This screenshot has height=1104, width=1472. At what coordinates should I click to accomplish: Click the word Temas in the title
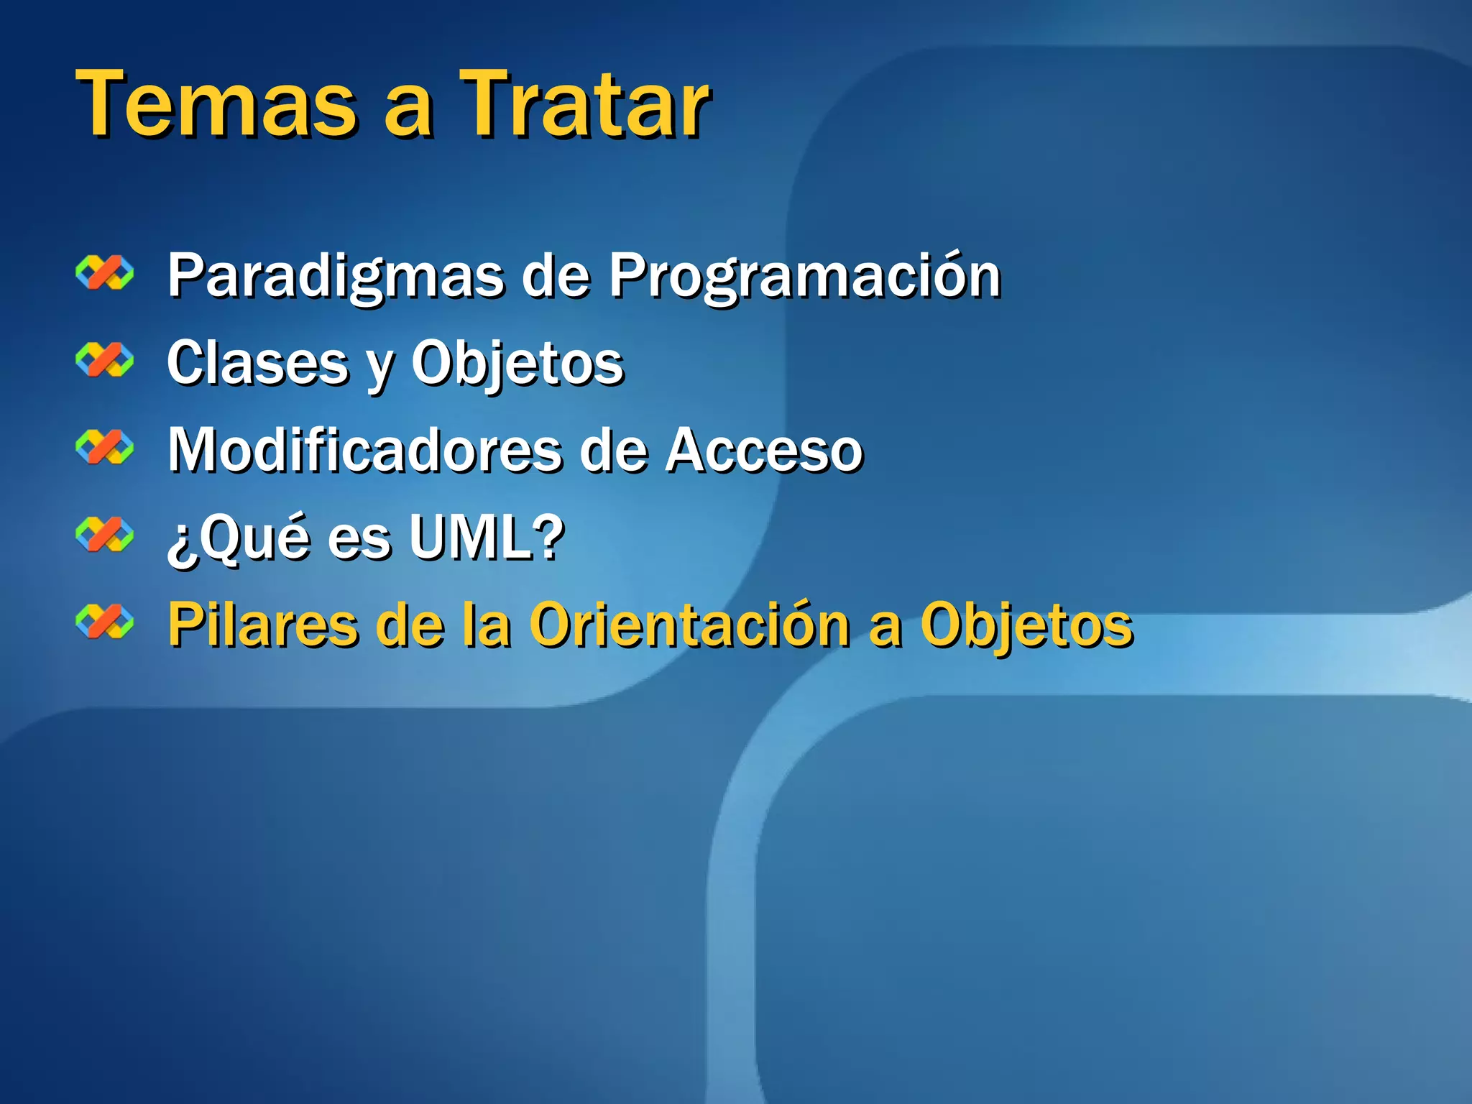216,104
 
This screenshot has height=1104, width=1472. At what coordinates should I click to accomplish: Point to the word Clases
257,364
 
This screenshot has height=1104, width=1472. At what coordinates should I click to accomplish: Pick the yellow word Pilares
262,625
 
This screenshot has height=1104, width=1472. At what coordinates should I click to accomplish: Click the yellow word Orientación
690,625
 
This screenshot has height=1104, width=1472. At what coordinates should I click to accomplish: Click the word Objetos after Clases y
517,364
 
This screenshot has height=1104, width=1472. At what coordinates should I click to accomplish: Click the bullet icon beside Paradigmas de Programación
105,273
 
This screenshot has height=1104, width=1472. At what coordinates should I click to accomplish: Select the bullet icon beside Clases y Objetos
105,360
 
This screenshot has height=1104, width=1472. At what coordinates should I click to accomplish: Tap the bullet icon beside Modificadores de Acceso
105,448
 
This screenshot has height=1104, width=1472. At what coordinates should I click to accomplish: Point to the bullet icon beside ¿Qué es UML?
105,535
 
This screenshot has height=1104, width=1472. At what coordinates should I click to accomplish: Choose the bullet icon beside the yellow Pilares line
105,622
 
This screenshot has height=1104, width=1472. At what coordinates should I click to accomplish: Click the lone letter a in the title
408,111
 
